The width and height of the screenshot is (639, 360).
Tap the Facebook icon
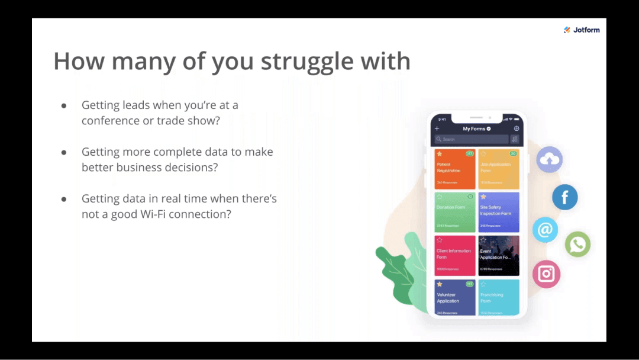click(564, 197)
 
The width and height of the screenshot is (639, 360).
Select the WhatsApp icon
click(577, 244)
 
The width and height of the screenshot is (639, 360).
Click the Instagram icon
click(546, 274)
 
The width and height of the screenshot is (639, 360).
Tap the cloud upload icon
click(550, 159)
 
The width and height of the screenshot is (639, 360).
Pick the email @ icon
click(545, 230)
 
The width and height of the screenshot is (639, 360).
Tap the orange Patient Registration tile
click(454, 169)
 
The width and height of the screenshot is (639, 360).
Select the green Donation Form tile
click(454, 212)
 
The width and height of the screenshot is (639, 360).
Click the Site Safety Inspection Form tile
click(499, 212)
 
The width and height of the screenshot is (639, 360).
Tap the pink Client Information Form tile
click(454, 256)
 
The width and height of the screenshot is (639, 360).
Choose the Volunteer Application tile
click(454, 298)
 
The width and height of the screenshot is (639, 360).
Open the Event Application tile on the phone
click(499, 256)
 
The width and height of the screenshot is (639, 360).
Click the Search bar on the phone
click(471, 139)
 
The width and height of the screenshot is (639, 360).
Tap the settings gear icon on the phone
click(516, 128)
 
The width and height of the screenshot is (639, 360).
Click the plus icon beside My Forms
click(437, 128)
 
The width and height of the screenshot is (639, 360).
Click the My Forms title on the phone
click(475, 128)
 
